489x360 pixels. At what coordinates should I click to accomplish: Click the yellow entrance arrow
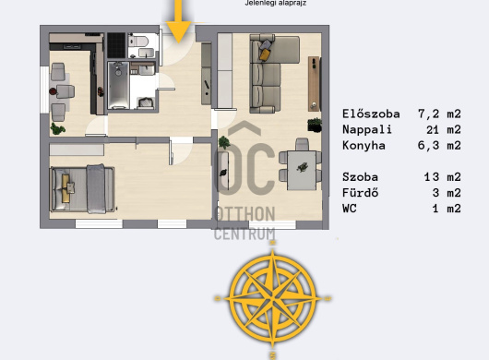(178, 22)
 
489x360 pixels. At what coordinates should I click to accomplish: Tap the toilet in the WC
(138, 41)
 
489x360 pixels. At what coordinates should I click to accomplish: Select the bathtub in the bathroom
(118, 85)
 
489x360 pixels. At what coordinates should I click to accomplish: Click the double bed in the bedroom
(82, 189)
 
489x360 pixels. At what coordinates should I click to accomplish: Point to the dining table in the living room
(302, 171)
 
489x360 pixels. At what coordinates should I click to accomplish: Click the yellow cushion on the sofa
(265, 54)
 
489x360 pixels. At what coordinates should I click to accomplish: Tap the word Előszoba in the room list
(371, 114)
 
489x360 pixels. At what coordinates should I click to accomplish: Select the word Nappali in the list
(367, 129)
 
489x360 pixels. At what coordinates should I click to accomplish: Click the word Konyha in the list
(364, 145)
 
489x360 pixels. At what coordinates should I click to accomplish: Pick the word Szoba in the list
(360, 177)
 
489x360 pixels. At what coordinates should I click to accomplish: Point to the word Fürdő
(360, 193)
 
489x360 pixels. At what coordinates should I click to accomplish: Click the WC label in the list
(350, 208)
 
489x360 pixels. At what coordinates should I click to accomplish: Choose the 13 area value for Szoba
(432, 177)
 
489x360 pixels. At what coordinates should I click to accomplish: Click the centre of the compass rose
(273, 298)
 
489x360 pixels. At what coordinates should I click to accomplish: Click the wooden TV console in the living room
(314, 84)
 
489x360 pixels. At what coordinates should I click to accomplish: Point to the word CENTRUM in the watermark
(244, 234)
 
